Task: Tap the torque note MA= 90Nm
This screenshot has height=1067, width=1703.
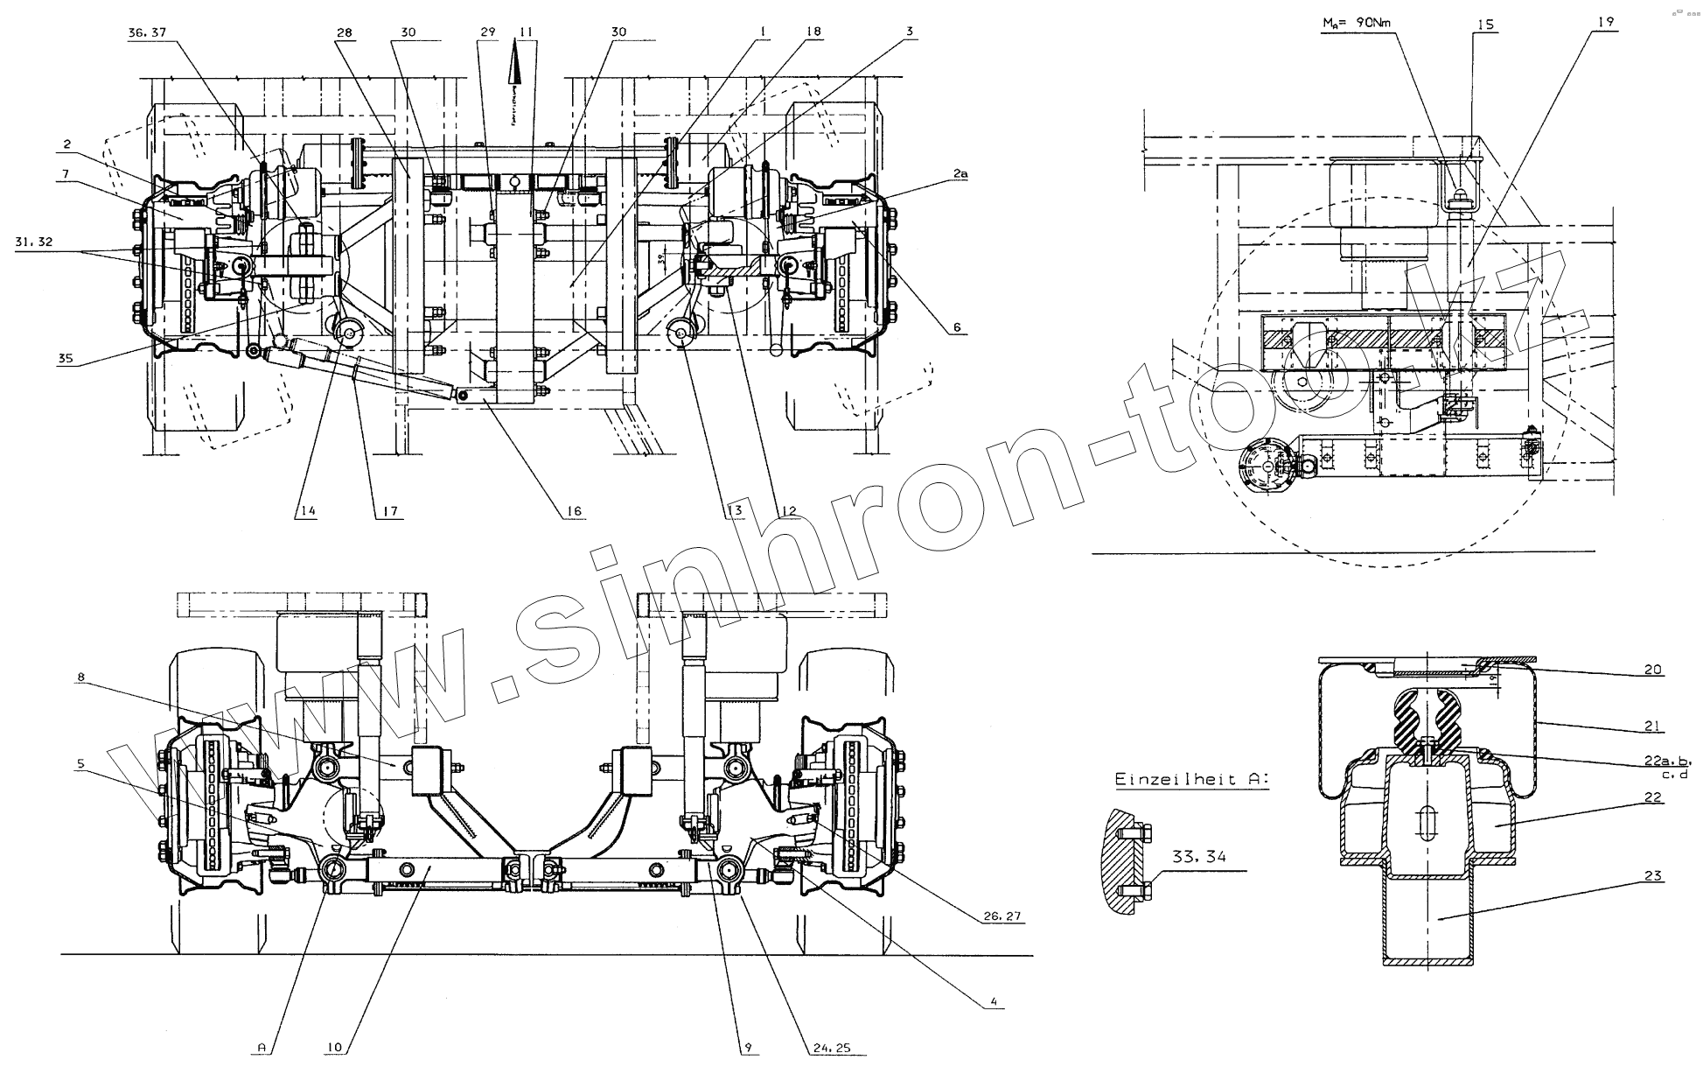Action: [x=1353, y=25]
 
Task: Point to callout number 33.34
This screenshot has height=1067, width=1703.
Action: [x=1199, y=858]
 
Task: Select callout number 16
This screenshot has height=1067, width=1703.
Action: [x=574, y=511]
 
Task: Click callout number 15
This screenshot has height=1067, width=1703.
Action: [x=1485, y=25]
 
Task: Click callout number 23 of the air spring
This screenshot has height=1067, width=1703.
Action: [x=1652, y=874]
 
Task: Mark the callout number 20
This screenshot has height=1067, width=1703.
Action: [x=1652, y=670]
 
